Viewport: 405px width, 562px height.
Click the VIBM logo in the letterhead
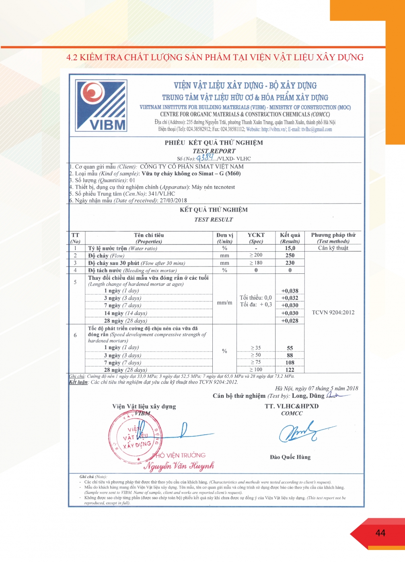[102, 106]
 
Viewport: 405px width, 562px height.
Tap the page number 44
[380, 533]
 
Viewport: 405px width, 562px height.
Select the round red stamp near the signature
[135, 437]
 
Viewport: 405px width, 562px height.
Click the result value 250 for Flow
[290, 255]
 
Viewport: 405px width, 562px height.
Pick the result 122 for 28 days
[290, 370]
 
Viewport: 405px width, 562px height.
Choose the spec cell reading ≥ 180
[256, 263]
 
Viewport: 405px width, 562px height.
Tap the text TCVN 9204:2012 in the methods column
[333, 312]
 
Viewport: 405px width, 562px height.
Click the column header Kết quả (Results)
[290, 238]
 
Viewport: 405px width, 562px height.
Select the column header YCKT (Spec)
[256, 238]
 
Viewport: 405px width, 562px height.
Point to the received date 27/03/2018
[173, 200]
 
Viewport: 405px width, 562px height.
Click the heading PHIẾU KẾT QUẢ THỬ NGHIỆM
[214, 143]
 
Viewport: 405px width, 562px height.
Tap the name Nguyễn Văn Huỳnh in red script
[179, 466]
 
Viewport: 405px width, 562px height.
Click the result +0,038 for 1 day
[290, 291]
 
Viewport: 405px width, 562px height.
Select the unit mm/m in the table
[224, 302]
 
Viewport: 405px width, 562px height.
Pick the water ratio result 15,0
[290, 248]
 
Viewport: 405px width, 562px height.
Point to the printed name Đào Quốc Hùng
[290, 457]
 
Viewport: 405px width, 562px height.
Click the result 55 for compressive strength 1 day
[290, 348]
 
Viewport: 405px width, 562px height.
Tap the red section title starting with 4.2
[215, 57]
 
